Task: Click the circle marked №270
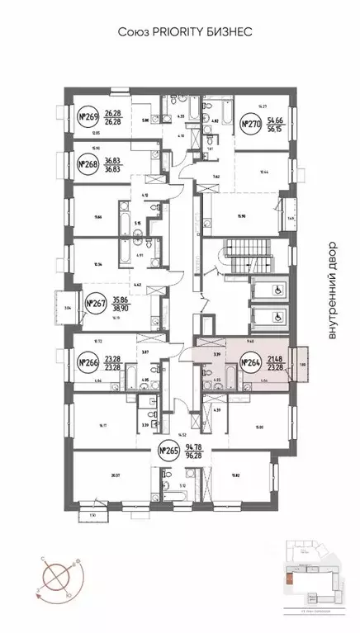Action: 251,125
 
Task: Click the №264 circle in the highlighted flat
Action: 251,361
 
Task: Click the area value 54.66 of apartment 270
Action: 278,120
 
